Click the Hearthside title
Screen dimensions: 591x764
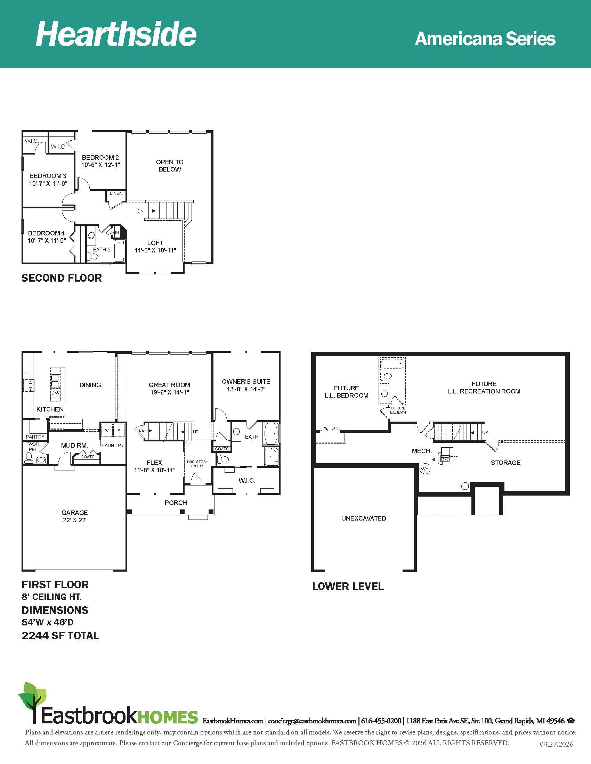click(x=116, y=34)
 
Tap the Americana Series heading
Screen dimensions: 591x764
click(x=485, y=39)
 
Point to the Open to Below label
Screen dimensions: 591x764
click(x=170, y=165)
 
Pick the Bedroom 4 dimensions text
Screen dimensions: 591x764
click(x=47, y=240)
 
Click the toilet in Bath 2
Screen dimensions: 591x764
click(x=94, y=256)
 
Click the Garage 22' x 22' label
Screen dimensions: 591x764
click(x=75, y=516)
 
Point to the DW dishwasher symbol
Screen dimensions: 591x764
click(x=56, y=392)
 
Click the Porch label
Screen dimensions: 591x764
click(x=176, y=503)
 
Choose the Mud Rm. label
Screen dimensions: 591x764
click(x=74, y=445)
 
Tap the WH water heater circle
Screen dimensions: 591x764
click(x=425, y=469)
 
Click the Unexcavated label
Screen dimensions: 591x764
click(x=363, y=518)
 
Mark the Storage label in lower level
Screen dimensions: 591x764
click(x=505, y=463)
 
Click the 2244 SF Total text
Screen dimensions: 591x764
click(x=60, y=635)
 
